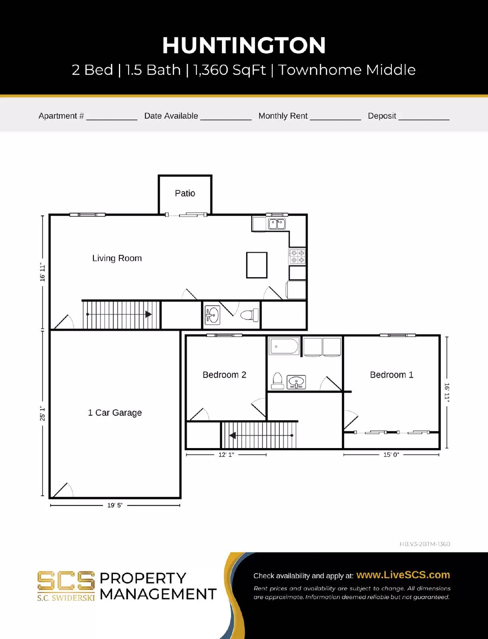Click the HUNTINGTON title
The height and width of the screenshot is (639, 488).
point(244,45)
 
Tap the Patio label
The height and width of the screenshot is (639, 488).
point(185,193)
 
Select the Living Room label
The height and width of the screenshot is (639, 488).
point(117,258)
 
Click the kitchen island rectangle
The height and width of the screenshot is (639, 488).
point(257,265)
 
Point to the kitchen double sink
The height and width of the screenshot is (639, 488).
point(277,224)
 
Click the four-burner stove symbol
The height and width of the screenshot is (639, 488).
point(297,256)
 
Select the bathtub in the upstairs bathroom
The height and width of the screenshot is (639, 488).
point(284,346)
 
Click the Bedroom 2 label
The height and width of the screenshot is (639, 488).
point(224,375)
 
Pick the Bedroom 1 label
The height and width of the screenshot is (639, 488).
point(391,375)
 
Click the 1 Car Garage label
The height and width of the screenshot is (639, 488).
point(115,413)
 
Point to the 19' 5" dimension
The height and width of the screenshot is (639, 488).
point(115,505)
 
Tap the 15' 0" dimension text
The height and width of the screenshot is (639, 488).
point(391,454)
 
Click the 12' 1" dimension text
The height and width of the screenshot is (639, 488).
point(226,454)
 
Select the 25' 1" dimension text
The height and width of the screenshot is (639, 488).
point(42,413)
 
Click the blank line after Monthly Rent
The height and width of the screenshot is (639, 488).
point(336,117)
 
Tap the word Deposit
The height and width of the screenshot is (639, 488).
point(382,116)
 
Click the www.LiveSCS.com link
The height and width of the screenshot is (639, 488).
point(403,575)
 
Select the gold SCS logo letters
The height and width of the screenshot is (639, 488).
point(66,581)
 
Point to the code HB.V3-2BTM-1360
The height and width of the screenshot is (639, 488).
point(425,544)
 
